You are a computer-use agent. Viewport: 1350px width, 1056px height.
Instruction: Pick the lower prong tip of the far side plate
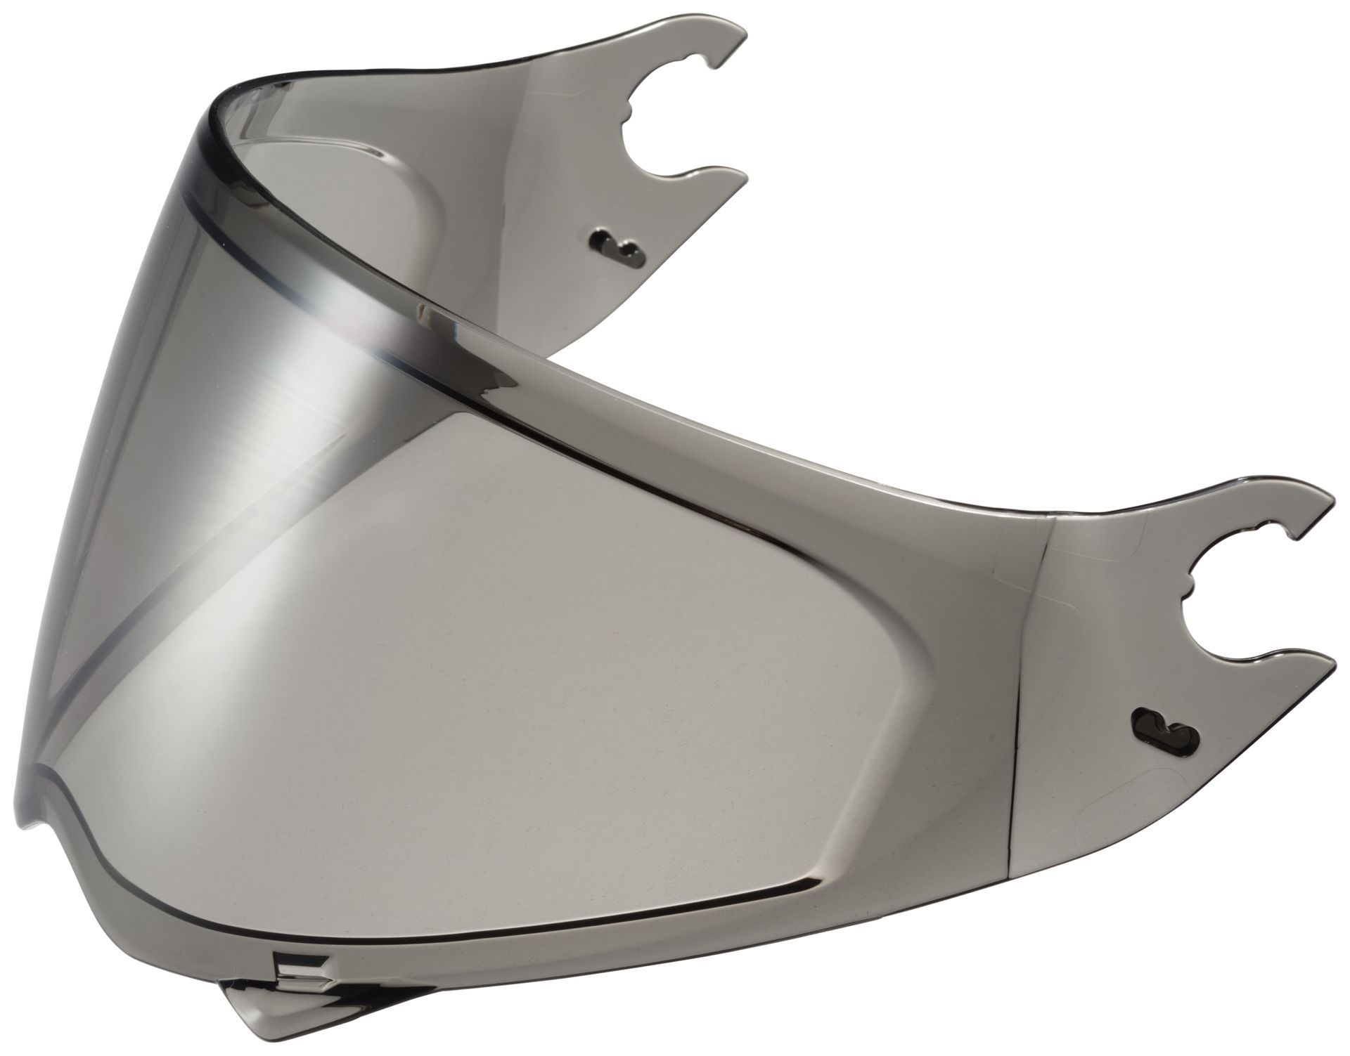coord(740,179)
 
